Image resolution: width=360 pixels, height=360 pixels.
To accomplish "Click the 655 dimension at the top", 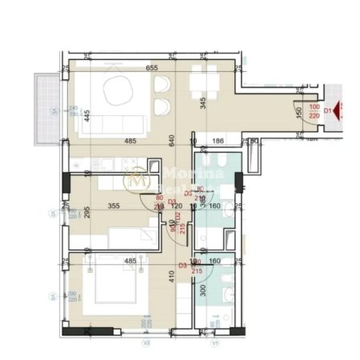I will click(150, 68).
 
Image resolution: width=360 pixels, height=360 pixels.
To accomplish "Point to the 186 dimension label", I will click(216, 142).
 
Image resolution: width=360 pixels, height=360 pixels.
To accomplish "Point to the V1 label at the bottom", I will click(215, 345).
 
